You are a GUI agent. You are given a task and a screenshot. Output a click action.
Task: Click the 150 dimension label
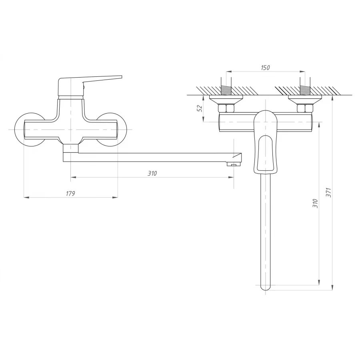(265, 68)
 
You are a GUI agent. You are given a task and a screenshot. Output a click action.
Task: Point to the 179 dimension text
(70, 193)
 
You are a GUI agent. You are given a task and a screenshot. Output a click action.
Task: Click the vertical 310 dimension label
(315, 203)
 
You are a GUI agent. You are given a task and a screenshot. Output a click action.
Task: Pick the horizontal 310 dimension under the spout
(152, 173)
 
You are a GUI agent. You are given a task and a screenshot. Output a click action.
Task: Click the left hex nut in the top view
(226, 108)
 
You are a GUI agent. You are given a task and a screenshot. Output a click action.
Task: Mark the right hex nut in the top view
(305, 108)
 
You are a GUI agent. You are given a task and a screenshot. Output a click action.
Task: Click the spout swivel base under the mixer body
(70, 148)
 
